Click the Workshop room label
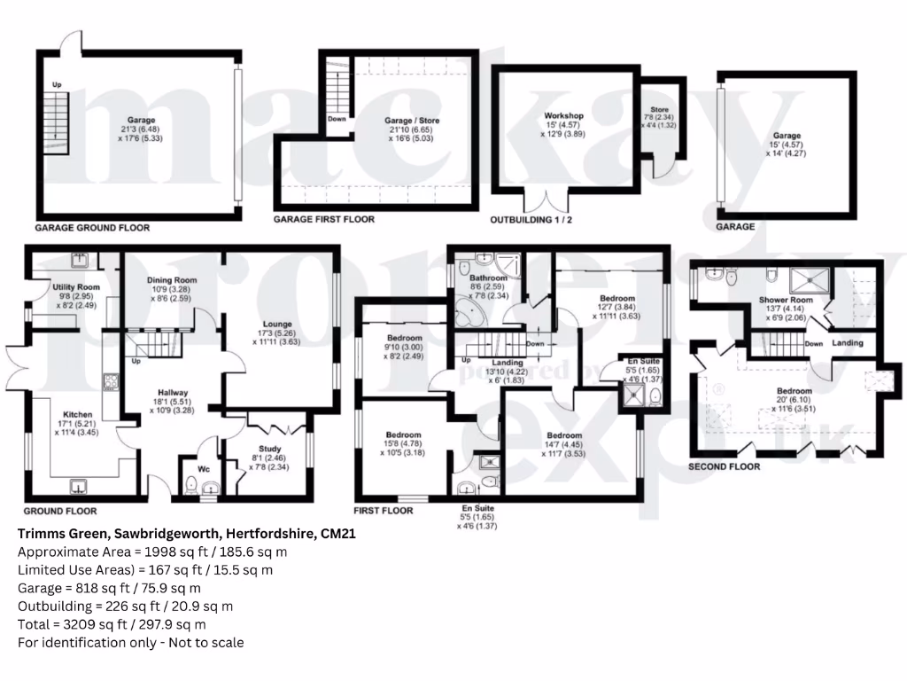tap(563, 116)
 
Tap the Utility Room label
tap(76, 288)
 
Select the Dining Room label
tap(171, 280)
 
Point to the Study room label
tap(269, 449)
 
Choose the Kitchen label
tap(77, 414)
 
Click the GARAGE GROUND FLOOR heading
tap(92, 228)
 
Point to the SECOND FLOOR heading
tap(724, 466)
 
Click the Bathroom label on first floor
tap(486, 278)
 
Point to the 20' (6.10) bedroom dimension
tap(794, 400)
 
